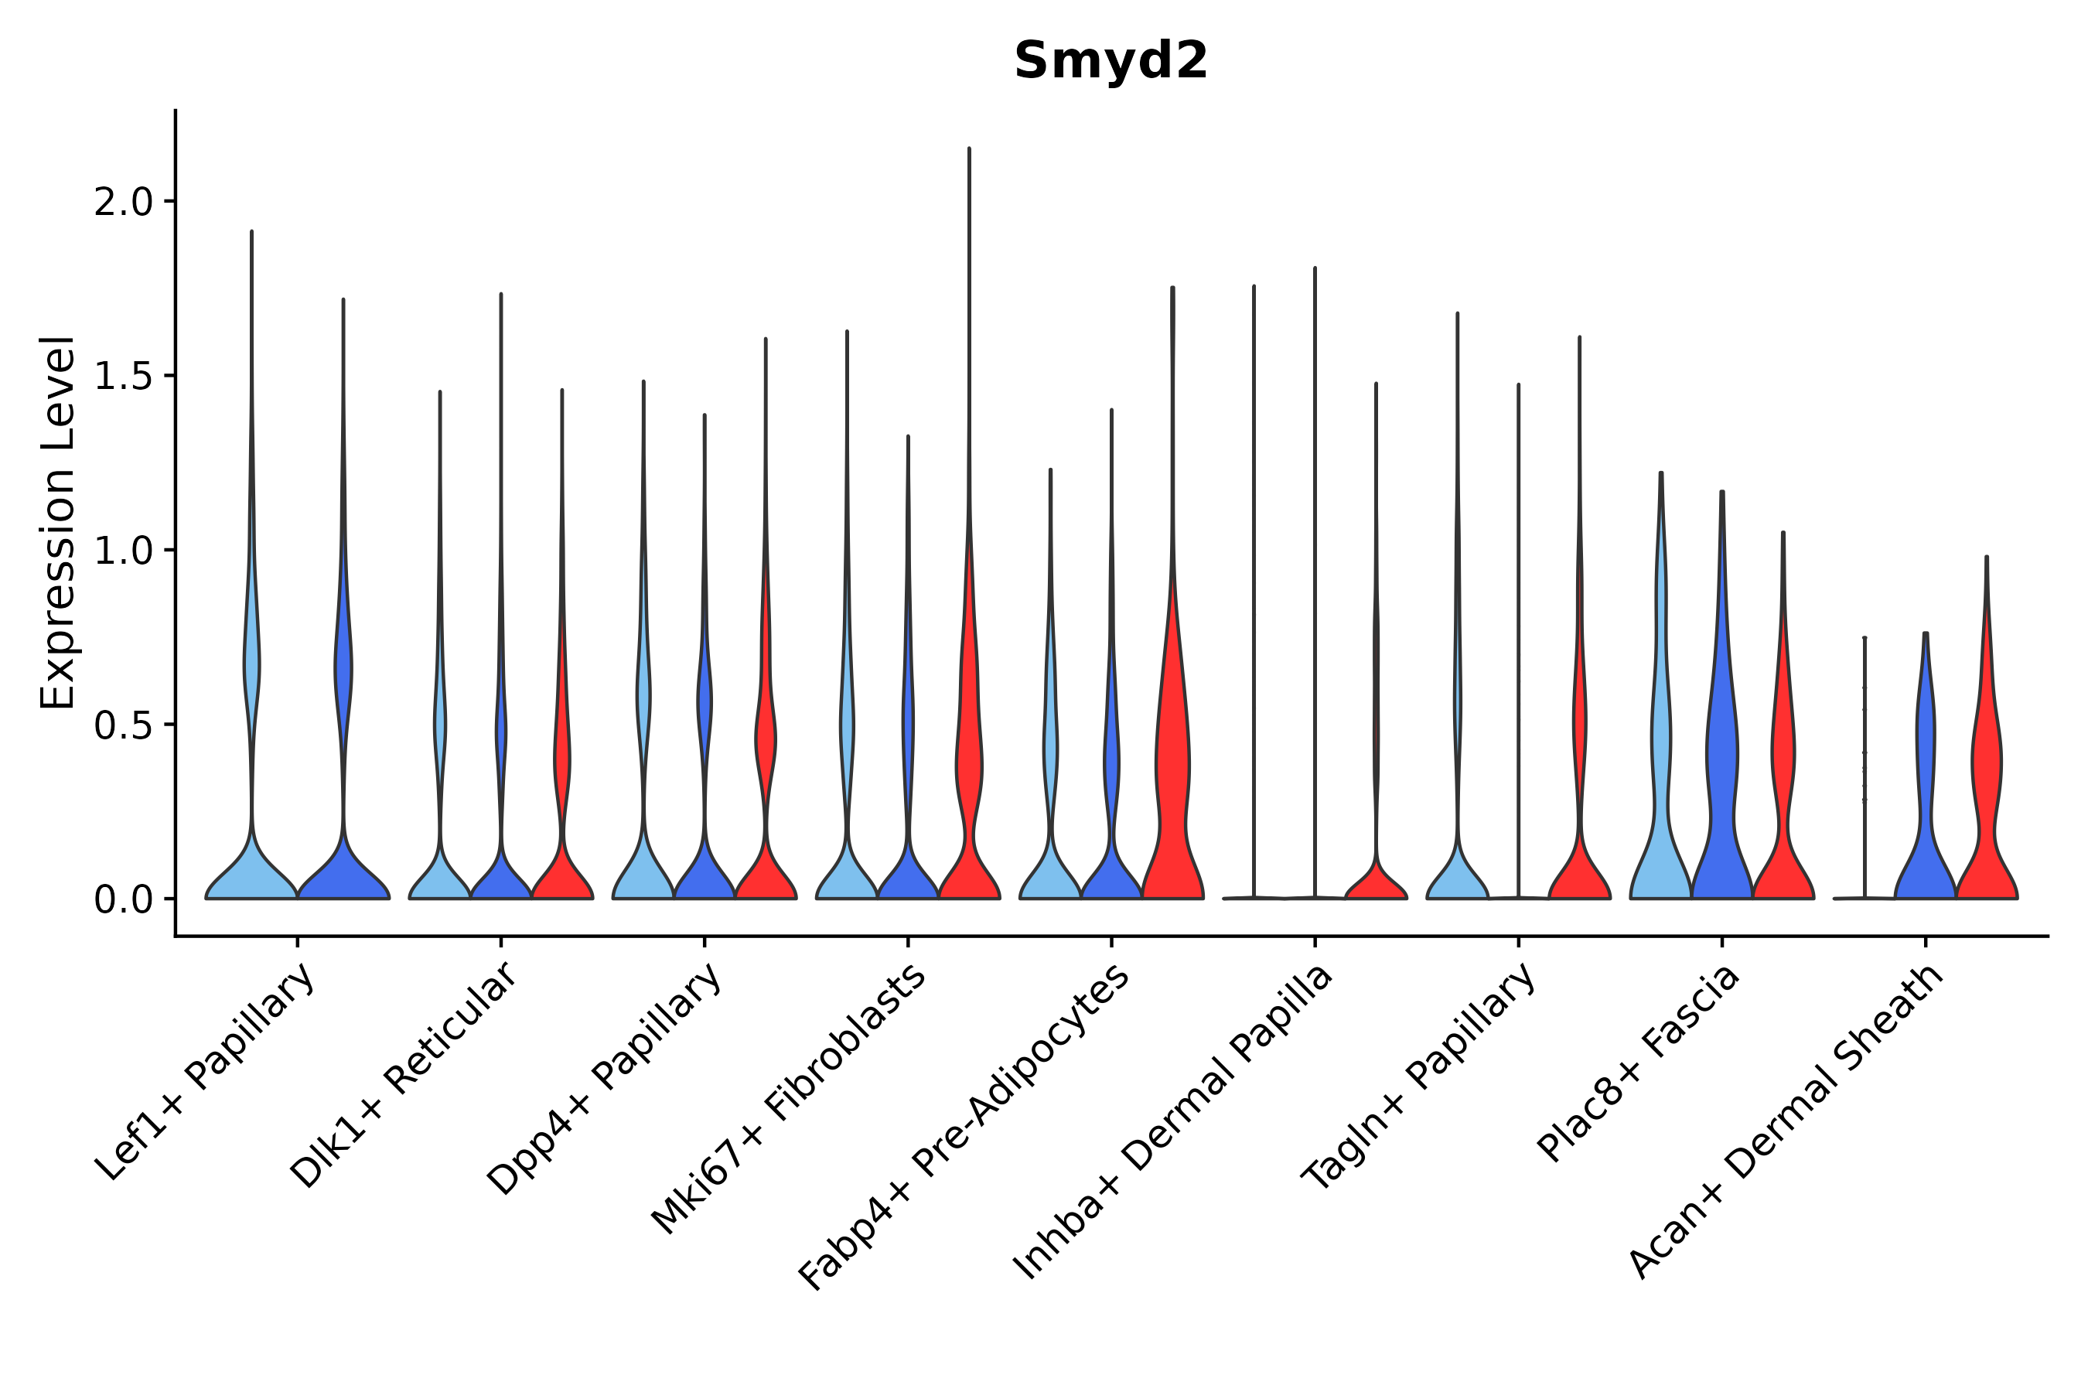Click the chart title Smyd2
click(1111, 61)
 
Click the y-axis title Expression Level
click(58, 522)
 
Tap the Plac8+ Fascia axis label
click(1638, 1063)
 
